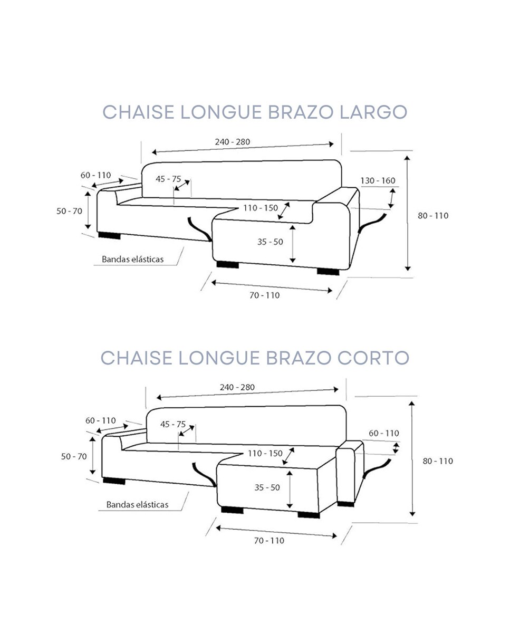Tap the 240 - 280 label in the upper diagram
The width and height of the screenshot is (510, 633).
[232, 141]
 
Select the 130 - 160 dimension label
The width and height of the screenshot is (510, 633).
[378, 181]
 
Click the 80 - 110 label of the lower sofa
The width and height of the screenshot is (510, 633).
[437, 461]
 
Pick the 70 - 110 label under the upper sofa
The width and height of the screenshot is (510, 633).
[264, 295]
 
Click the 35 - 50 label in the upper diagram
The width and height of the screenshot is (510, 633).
[270, 242]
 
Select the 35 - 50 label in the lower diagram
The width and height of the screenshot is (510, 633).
[267, 487]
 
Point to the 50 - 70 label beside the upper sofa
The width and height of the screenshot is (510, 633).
[69, 211]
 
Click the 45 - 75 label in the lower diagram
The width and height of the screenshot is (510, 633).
[172, 424]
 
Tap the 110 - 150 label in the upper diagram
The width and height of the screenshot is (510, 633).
[261, 208]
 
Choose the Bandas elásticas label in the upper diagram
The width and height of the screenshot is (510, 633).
[132, 259]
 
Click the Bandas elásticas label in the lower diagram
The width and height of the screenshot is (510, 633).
[137, 505]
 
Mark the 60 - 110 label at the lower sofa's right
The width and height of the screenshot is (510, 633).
[383, 433]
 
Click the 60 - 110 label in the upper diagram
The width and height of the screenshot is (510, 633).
[95, 175]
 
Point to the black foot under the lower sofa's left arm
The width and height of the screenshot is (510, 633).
[114, 481]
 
